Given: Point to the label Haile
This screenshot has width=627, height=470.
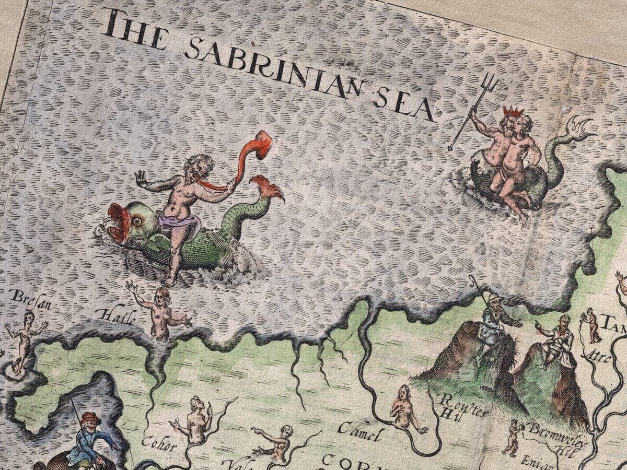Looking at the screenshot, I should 117,316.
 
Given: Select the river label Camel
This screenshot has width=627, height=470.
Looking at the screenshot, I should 360,432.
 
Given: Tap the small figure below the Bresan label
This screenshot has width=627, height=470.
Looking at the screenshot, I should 24,339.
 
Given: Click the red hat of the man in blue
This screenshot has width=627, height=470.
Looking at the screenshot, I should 91,418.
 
